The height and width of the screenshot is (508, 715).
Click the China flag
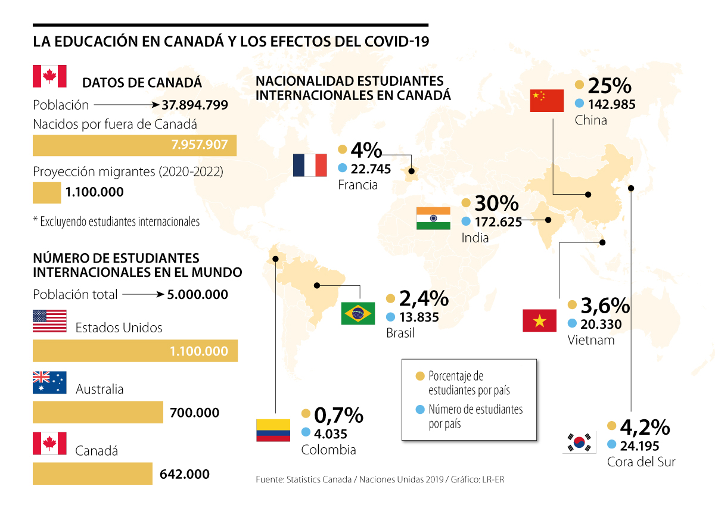click(546, 101)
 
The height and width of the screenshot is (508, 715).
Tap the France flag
click(310, 165)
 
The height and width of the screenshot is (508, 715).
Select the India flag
click(434, 219)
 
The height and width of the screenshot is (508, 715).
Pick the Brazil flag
click(357, 313)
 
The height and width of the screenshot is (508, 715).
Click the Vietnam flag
click(539, 321)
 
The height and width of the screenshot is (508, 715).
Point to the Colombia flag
click(273, 430)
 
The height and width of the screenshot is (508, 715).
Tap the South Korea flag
click(579, 442)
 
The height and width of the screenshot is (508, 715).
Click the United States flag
click(49, 320)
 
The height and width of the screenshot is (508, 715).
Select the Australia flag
click(49, 382)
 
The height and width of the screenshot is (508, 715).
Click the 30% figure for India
click(497, 204)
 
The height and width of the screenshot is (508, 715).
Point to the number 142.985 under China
click(612, 104)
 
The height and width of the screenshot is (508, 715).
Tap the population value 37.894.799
click(195, 105)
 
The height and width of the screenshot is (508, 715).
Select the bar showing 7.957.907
click(134, 146)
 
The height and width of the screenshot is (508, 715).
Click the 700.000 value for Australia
click(194, 413)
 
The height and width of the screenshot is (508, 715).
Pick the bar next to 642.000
click(92, 474)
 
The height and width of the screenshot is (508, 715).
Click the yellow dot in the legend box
click(420, 376)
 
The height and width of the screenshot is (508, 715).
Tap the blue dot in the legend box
click(420, 410)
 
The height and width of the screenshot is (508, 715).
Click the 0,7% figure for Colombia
click(338, 414)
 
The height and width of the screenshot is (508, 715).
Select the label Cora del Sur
click(641, 462)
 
